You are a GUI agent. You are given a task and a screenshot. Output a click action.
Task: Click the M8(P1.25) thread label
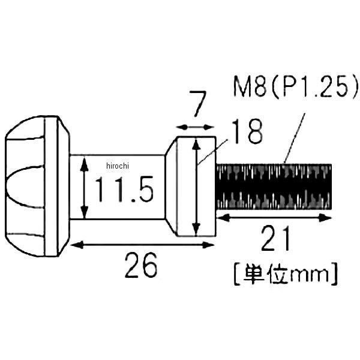(x=296, y=87)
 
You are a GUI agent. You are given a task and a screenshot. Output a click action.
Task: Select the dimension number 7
(x=197, y=104)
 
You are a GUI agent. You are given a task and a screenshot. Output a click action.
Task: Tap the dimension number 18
(x=247, y=131)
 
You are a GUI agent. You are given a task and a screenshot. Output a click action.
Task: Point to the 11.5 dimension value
(x=124, y=189)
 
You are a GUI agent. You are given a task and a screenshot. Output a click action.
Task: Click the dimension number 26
(x=141, y=265)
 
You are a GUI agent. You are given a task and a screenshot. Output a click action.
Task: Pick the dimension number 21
(x=275, y=238)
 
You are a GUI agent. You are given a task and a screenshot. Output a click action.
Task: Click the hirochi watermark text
(x=118, y=166)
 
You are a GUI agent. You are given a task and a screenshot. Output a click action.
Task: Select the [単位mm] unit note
(x=286, y=274)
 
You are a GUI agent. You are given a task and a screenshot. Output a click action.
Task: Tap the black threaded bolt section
(x=274, y=187)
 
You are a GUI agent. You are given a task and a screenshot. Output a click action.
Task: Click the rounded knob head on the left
(x=37, y=186)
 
